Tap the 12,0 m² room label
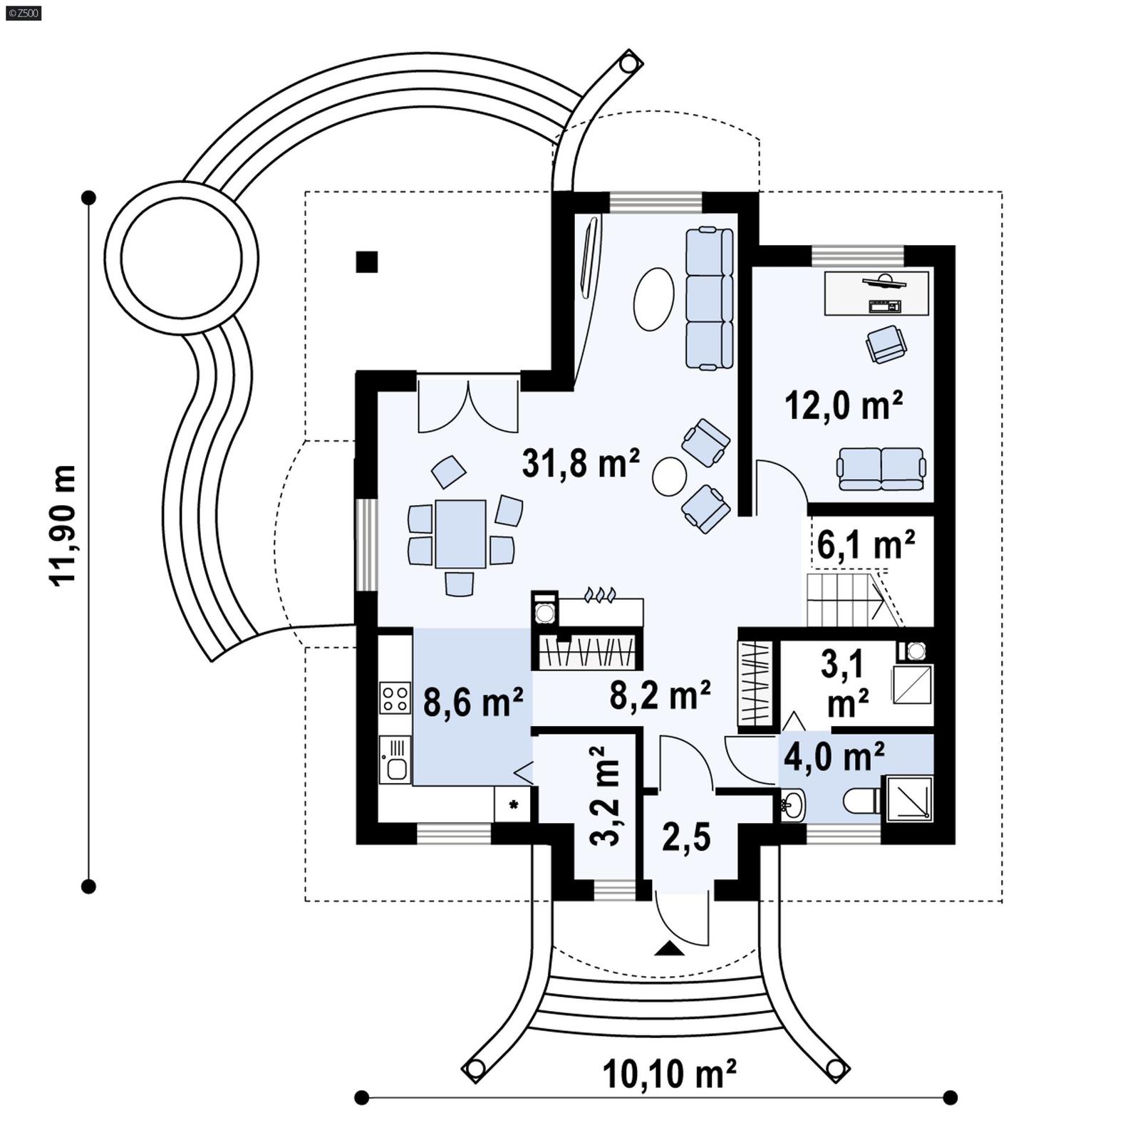point(844,406)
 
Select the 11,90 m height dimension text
point(63,526)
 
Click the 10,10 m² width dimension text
point(669,1075)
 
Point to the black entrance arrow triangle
point(669,948)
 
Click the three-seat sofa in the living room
point(709,298)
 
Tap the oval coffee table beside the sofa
point(653,299)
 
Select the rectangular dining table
point(460,534)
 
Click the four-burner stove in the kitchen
point(395,698)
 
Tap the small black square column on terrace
point(367,262)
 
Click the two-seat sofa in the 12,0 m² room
point(881,469)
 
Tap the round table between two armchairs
point(669,476)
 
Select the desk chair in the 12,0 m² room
point(886,344)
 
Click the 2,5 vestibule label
point(686,837)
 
